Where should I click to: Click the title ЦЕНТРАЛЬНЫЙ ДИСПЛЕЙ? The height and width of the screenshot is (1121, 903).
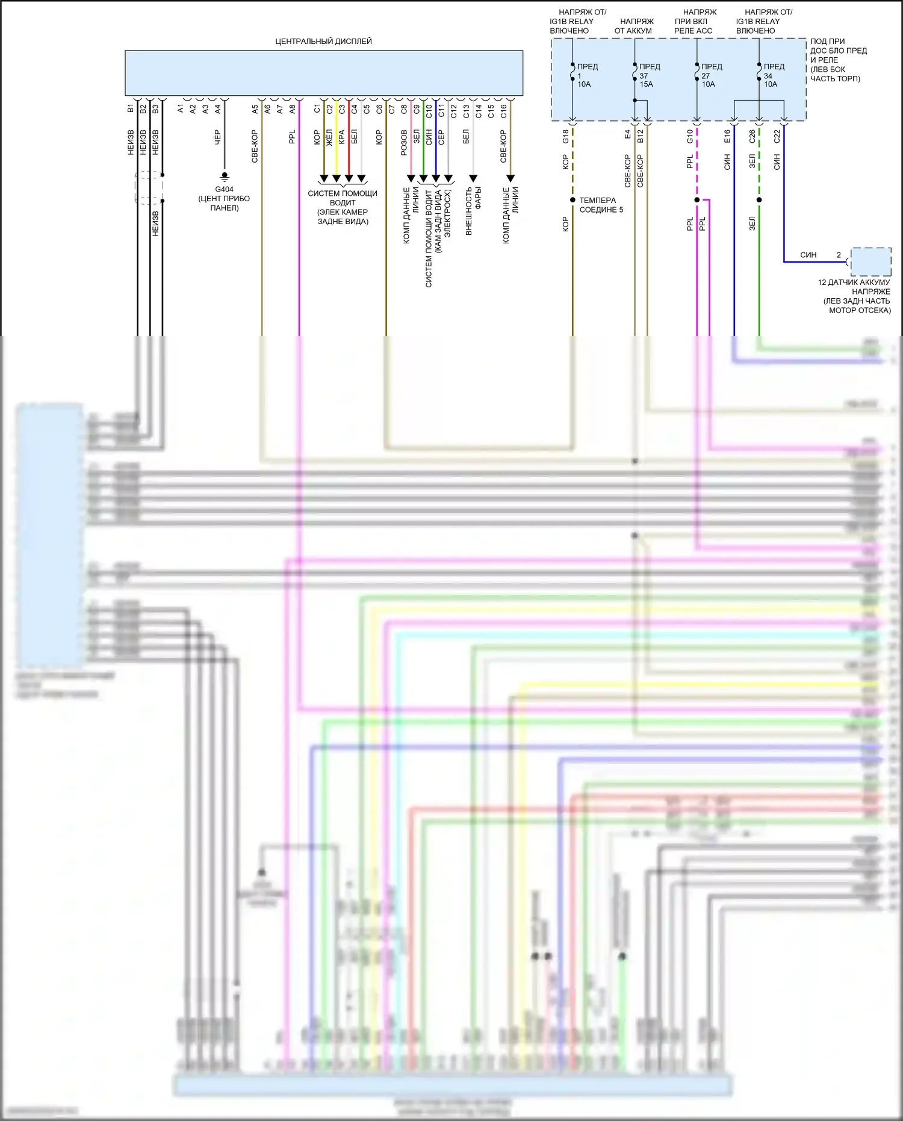click(x=323, y=41)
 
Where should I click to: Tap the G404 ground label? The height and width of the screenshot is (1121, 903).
click(x=224, y=189)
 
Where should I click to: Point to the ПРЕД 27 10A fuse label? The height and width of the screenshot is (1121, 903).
click(x=711, y=75)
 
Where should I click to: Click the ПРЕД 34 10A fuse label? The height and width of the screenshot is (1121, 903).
click(x=774, y=75)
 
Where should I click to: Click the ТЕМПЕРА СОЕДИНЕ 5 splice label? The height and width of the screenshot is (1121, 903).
click(x=601, y=205)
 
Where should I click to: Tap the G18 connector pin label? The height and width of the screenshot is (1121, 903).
click(x=565, y=137)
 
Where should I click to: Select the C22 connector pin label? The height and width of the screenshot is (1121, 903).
click(x=777, y=137)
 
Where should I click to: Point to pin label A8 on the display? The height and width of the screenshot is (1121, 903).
click(x=292, y=109)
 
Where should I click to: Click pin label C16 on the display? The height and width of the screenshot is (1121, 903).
click(x=503, y=111)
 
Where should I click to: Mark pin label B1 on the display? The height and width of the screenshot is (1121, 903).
click(x=130, y=109)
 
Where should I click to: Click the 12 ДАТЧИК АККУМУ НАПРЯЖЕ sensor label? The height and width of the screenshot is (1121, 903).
click(x=855, y=296)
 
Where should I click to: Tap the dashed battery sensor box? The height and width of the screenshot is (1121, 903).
click(x=870, y=261)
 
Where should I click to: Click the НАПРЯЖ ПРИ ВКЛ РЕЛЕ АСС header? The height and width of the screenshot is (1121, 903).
click(x=695, y=21)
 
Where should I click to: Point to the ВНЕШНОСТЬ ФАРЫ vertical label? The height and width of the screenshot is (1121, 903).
click(x=473, y=210)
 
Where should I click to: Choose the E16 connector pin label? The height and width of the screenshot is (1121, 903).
click(x=727, y=137)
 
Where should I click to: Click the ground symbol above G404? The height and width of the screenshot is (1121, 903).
click(x=225, y=176)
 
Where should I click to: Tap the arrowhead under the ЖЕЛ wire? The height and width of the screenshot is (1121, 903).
click(x=336, y=178)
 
